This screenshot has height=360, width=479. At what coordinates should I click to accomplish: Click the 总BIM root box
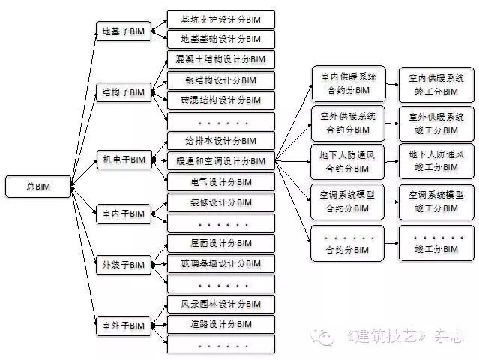(x=37, y=185)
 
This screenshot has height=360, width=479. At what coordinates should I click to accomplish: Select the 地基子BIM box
(x=123, y=31)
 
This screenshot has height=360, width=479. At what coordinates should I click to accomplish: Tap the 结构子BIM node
(x=123, y=94)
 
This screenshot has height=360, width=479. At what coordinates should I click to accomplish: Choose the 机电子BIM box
(x=123, y=160)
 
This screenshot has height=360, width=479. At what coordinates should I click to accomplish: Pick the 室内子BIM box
(x=123, y=214)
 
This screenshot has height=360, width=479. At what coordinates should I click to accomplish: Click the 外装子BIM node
(x=123, y=265)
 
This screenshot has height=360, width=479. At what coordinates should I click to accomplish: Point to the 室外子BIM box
(x=123, y=326)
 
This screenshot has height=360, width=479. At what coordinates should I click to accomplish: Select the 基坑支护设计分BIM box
(x=220, y=19)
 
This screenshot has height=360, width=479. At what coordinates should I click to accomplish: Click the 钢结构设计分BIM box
(x=220, y=79)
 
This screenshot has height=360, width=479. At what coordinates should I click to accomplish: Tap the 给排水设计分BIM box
(x=220, y=141)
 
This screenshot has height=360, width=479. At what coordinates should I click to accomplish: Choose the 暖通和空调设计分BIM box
(x=220, y=161)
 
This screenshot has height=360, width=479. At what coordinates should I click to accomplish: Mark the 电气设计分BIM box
(x=220, y=181)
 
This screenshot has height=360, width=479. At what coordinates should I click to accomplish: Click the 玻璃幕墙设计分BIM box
(x=220, y=263)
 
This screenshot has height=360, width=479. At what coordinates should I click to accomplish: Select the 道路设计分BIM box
(x=220, y=324)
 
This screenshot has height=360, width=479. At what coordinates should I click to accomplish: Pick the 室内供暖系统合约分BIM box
(x=347, y=84)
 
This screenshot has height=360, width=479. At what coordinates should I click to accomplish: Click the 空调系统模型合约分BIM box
(x=347, y=201)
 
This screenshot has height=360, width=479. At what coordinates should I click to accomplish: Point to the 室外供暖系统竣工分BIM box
(x=436, y=123)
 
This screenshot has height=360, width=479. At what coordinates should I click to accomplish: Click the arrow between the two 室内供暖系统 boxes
(x=391, y=84)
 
